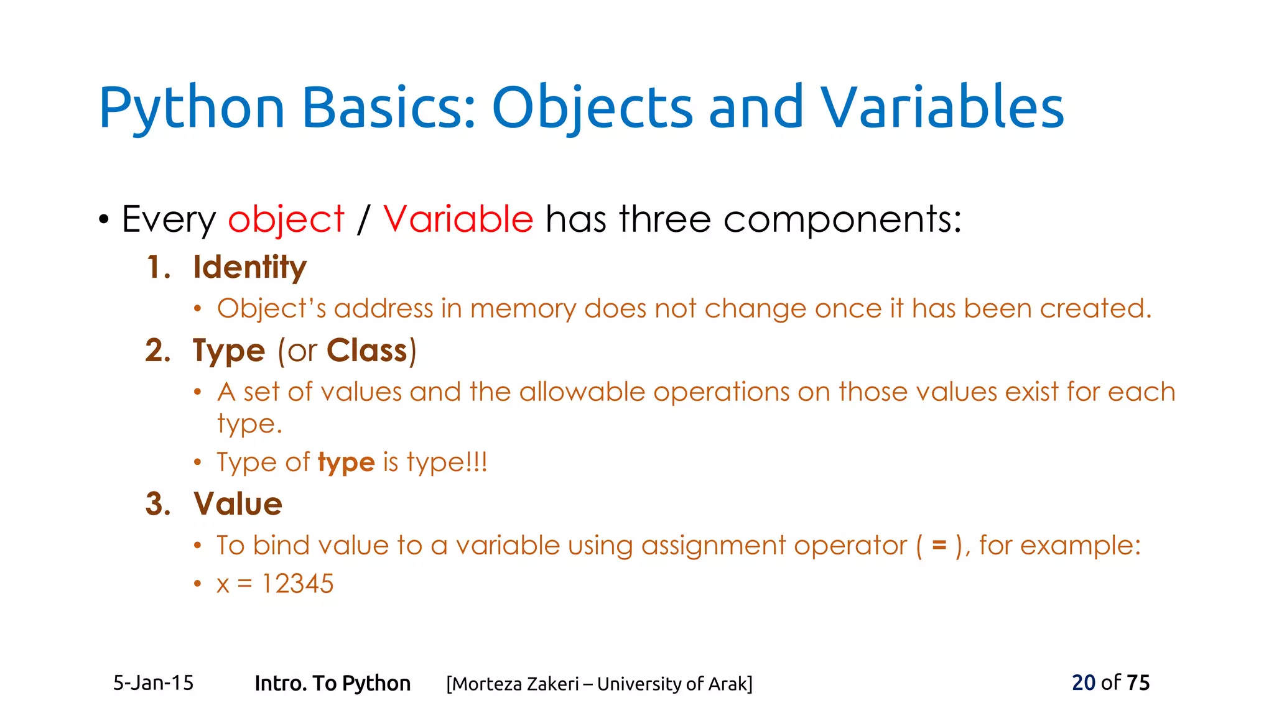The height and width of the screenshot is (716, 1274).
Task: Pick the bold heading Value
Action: pyautogui.click(x=238, y=504)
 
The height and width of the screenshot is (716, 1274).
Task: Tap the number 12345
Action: pyautogui.click(x=297, y=584)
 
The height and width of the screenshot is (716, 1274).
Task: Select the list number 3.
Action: pyautogui.click(x=157, y=504)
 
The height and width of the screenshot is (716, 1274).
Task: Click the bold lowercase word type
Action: pyautogui.click(x=346, y=463)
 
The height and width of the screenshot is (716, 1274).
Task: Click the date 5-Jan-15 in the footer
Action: pyautogui.click(x=153, y=683)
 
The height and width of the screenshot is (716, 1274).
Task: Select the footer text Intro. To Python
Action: pyautogui.click(x=332, y=683)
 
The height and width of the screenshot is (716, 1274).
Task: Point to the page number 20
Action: pyautogui.click(x=1083, y=682)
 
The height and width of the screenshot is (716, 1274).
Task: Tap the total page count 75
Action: pyautogui.click(x=1138, y=682)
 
